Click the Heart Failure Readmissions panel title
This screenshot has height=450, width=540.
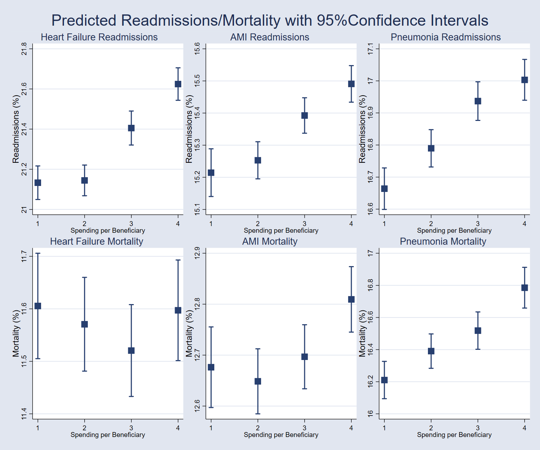[99, 37]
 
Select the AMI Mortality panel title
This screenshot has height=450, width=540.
[269, 242]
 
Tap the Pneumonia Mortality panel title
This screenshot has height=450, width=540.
[443, 242]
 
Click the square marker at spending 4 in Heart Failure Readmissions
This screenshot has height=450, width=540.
[178, 84]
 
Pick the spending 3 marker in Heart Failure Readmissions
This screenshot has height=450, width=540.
[131, 128]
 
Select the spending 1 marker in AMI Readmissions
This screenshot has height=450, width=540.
[211, 173]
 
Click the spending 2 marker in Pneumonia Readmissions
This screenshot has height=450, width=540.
[431, 148]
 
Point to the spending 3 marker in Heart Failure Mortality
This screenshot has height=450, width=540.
[131, 351]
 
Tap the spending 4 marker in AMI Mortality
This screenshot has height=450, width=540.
[351, 300]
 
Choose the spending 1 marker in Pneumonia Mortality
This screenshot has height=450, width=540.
[384, 380]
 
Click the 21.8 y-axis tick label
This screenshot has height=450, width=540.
[24, 49]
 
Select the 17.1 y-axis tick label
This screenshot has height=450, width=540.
[370, 49]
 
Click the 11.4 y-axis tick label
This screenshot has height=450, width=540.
[24, 414]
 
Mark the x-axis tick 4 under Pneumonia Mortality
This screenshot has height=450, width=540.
[525, 428]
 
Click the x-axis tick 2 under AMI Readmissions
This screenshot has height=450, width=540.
[258, 224]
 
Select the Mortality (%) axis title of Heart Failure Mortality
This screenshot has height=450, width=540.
[16, 333]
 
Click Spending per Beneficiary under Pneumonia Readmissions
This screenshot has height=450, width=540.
[454, 231]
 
